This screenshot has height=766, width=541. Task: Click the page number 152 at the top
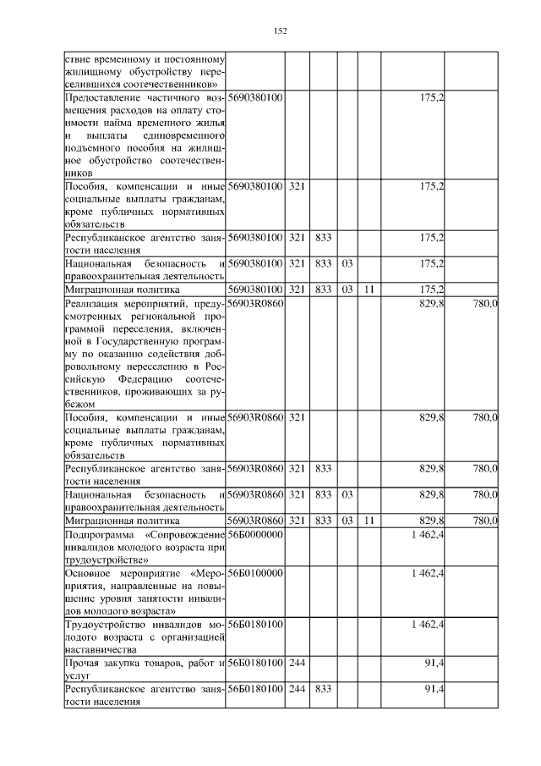tap(281, 31)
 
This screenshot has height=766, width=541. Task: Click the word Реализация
tap(90, 302)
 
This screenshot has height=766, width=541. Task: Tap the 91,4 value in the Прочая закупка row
tap(434, 663)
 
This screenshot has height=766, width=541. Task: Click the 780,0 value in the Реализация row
tap(485, 302)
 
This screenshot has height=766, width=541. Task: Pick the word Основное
tap(89, 573)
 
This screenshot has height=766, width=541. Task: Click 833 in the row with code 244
tap(322, 688)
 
